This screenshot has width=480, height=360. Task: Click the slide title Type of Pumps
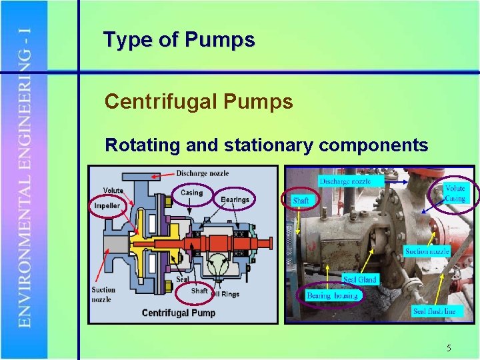179,40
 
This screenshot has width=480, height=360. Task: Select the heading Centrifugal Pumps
199,102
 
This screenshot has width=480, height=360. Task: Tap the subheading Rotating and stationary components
267,145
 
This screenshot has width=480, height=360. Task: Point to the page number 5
449,348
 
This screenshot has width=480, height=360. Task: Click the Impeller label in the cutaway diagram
107,205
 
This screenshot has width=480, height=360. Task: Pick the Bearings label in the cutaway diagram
235,199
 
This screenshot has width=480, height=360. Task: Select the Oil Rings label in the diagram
225,293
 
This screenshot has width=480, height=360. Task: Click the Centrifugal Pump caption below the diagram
179,313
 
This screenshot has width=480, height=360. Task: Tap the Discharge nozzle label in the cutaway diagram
202,173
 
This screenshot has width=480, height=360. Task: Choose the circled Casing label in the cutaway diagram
191,193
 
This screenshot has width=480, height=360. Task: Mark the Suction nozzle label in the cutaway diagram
103,294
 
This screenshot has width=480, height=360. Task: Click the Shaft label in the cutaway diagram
199,290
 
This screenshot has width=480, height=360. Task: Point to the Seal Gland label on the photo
359,279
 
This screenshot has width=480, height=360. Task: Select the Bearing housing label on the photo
333,295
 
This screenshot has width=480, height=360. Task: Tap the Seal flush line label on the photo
434,311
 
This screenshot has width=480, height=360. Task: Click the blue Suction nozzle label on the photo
427,251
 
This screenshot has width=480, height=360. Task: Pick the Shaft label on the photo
301,200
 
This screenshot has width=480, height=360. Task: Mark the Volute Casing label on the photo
455,193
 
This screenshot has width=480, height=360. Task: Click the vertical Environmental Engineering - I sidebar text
24,180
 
